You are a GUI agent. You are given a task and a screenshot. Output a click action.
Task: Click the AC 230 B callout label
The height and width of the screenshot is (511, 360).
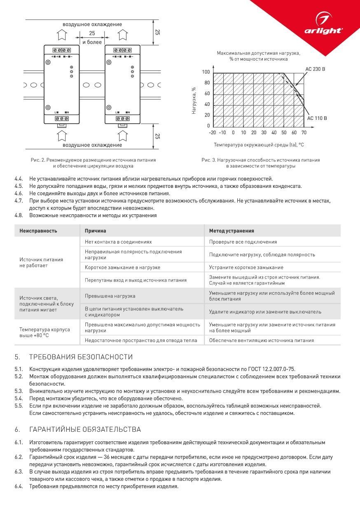(315, 69)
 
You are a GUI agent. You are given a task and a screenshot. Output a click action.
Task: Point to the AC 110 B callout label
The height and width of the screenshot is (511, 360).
(317, 118)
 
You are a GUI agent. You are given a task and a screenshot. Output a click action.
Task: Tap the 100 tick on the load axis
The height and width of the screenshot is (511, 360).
(206, 73)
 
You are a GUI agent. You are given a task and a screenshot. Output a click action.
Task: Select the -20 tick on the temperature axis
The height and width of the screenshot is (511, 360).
(212, 133)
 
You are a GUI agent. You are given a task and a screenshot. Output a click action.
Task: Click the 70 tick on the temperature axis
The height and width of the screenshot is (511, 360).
(304, 133)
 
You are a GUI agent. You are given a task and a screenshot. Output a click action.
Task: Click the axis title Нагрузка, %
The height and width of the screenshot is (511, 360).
(194, 100)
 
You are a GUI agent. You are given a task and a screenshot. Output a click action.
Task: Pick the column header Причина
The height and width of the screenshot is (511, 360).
(96, 231)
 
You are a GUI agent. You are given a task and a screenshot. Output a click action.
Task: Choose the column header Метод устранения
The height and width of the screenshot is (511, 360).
(231, 231)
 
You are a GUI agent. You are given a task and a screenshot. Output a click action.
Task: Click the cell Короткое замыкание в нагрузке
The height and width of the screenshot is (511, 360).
(122, 267)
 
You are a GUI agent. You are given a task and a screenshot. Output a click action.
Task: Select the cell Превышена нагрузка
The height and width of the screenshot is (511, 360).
(110, 296)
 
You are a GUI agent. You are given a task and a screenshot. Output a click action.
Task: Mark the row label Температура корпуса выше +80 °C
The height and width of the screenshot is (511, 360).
(44, 332)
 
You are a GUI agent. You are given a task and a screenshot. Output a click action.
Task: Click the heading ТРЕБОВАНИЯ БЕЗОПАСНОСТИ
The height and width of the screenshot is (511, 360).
(81, 357)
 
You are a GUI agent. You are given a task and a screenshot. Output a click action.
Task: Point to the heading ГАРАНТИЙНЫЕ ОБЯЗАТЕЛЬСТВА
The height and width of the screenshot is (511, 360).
(85, 429)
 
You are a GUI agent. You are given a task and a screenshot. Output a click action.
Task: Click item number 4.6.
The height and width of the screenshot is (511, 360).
(19, 193)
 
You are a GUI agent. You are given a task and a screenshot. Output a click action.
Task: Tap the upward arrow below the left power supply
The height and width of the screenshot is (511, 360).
(61, 135)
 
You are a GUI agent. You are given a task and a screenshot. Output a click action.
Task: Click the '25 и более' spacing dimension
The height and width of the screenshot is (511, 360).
(92, 38)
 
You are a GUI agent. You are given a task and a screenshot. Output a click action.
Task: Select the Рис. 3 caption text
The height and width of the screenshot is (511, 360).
(260, 163)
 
